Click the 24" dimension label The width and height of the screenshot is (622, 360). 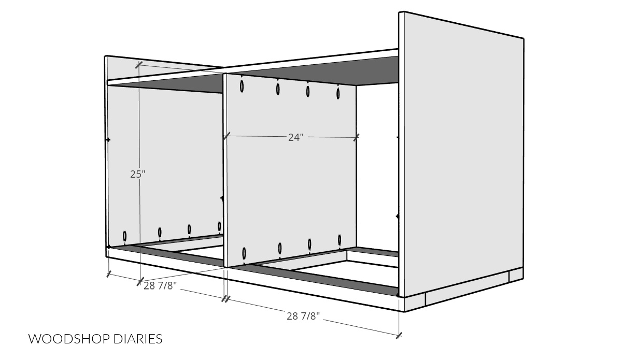point(295,137)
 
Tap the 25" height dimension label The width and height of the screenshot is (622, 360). point(137,175)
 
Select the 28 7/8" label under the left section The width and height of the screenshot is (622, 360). point(161,286)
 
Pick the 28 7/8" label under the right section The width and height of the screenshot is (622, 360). point(304,315)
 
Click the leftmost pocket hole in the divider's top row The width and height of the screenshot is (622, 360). point(242,86)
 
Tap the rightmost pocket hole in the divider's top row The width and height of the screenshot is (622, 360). point(338,94)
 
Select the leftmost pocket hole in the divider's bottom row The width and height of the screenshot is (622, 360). point(244,254)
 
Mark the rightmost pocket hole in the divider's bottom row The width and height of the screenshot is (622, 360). point(340,240)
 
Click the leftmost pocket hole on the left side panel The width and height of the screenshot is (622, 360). point(125,236)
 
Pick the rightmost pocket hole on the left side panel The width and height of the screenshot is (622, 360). point(219,226)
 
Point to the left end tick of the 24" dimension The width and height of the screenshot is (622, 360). point(226,137)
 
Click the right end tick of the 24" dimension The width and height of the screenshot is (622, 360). point(356,137)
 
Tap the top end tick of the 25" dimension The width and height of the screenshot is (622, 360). point(139,65)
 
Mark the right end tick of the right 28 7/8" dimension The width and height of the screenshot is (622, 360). point(399,336)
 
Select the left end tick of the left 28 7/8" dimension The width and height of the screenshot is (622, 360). point(108,275)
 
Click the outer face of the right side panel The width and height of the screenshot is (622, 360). point(461,166)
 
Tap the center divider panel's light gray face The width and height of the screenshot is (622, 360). point(290,197)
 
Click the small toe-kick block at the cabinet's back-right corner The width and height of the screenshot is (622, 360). point(516,276)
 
